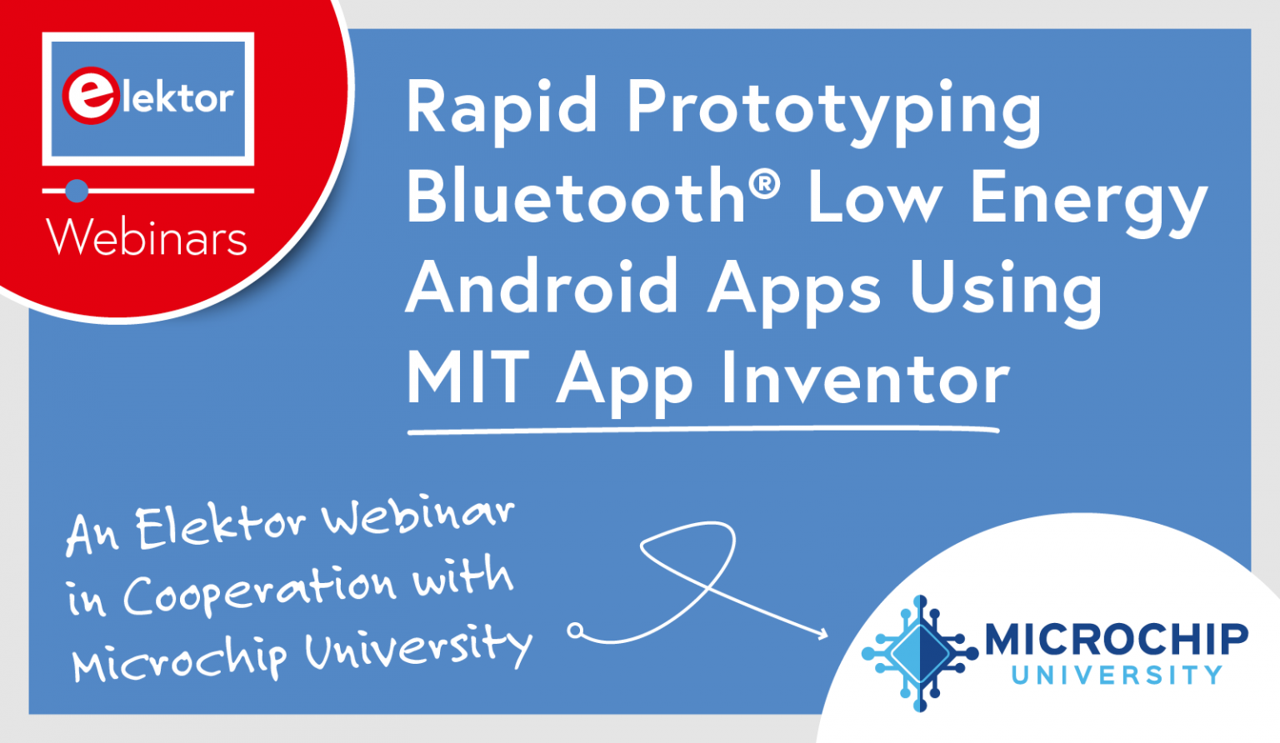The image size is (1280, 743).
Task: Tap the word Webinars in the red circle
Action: coord(147,238)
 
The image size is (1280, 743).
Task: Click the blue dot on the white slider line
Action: coord(77,191)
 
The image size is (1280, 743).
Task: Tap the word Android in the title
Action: coord(542,287)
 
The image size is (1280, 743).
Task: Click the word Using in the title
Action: coord(1006,292)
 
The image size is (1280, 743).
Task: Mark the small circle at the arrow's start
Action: coord(575,631)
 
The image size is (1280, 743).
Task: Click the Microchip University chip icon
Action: coord(920,653)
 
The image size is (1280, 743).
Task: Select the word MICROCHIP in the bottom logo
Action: coord(1117,640)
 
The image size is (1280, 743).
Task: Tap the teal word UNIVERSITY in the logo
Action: coord(1117,676)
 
